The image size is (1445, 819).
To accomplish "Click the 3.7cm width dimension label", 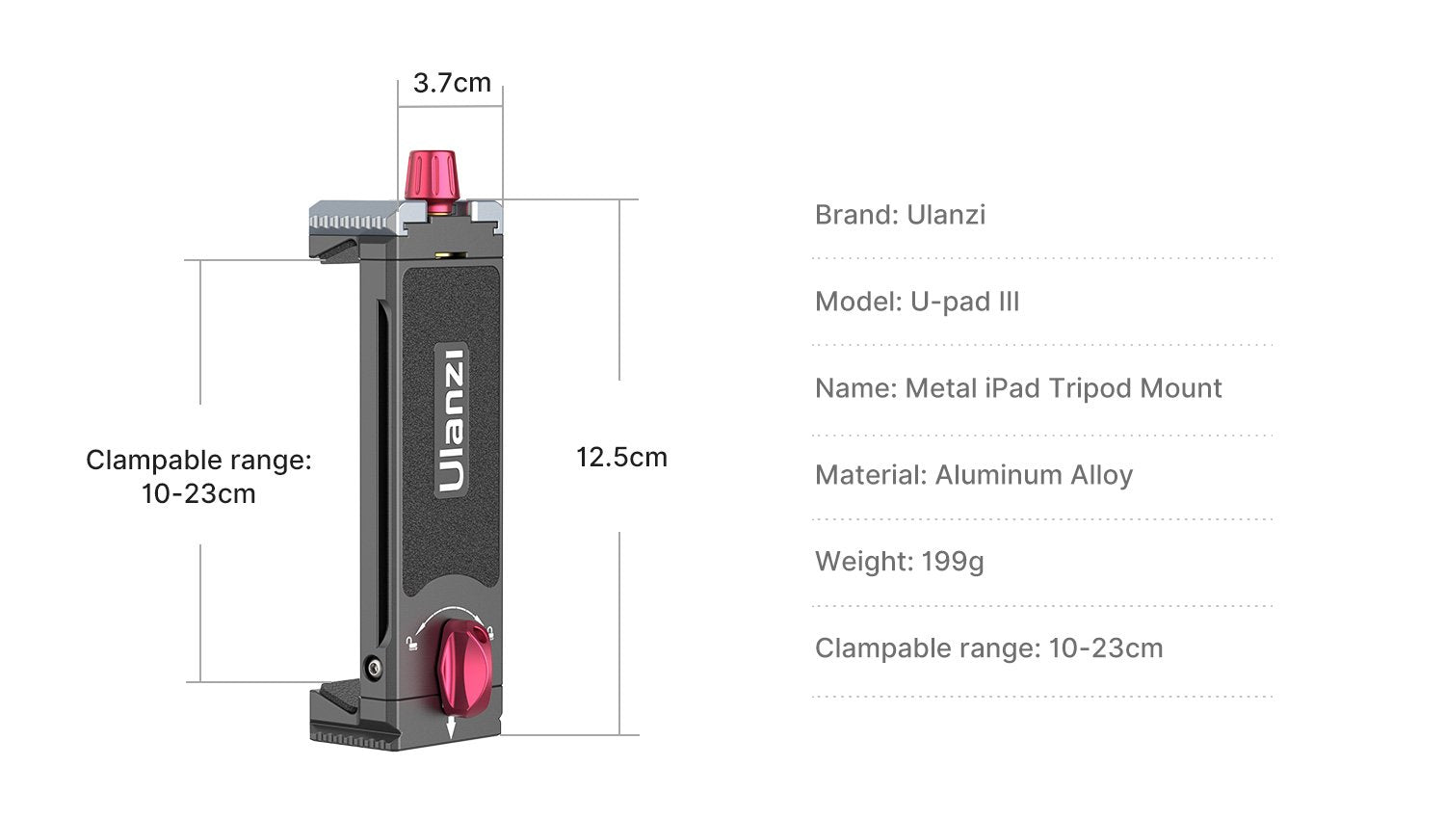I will [452, 84].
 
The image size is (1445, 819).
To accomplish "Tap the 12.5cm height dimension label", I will [621, 457].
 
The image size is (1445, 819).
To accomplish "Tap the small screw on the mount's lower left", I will [373, 666].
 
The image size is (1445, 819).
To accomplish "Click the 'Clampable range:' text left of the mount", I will [198, 461].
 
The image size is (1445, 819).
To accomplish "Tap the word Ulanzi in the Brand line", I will [946, 214].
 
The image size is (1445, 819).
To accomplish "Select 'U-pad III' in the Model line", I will [964, 302].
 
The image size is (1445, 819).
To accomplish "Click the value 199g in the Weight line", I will [952, 561].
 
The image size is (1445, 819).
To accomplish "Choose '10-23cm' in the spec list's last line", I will [1105, 647].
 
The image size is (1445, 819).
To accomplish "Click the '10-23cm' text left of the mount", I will [198, 494].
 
